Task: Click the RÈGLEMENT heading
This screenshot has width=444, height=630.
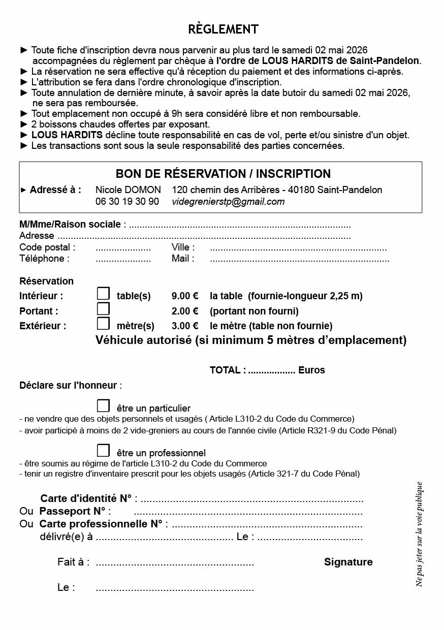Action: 223,29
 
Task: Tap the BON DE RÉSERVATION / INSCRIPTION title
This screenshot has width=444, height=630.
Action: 223,174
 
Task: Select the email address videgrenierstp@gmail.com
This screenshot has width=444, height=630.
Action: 228,202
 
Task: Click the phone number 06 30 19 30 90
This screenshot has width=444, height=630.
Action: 127,202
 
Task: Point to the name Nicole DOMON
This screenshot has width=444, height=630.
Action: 128,190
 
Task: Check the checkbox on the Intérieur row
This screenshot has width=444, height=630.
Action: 103,294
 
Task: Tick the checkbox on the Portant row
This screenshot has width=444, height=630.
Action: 103,308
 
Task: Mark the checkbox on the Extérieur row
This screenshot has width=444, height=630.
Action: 103,323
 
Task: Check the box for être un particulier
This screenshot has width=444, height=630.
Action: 103,405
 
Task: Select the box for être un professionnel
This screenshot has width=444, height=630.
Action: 103,450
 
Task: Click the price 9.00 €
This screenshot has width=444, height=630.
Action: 185,296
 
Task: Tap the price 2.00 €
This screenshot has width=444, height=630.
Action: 185,311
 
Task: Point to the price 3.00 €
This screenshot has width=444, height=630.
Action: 185,326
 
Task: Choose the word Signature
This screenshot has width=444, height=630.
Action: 348,562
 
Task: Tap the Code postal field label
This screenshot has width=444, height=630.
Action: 47,247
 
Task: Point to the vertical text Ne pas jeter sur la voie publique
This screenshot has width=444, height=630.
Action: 419,533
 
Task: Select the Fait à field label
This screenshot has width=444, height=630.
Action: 73,562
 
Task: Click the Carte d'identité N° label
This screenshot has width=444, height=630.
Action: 86,498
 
